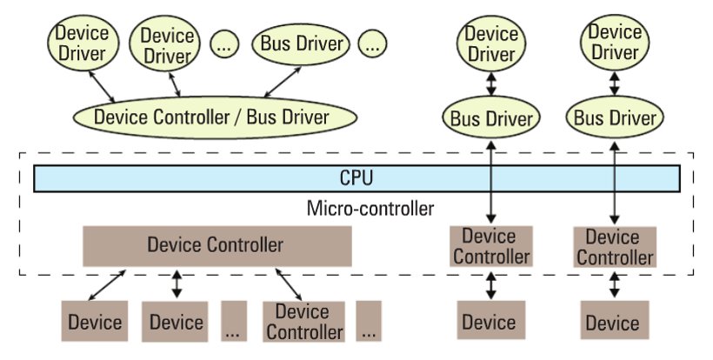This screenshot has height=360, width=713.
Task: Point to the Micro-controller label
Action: [370, 210]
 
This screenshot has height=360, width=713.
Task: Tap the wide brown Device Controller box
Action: [217, 246]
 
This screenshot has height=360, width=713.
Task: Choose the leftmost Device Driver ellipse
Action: [83, 43]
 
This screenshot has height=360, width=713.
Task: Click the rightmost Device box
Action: [613, 323]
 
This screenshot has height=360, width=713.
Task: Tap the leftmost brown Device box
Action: [95, 322]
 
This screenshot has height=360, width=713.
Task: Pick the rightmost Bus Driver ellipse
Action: [614, 117]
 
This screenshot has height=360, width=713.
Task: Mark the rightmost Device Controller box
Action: [614, 247]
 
